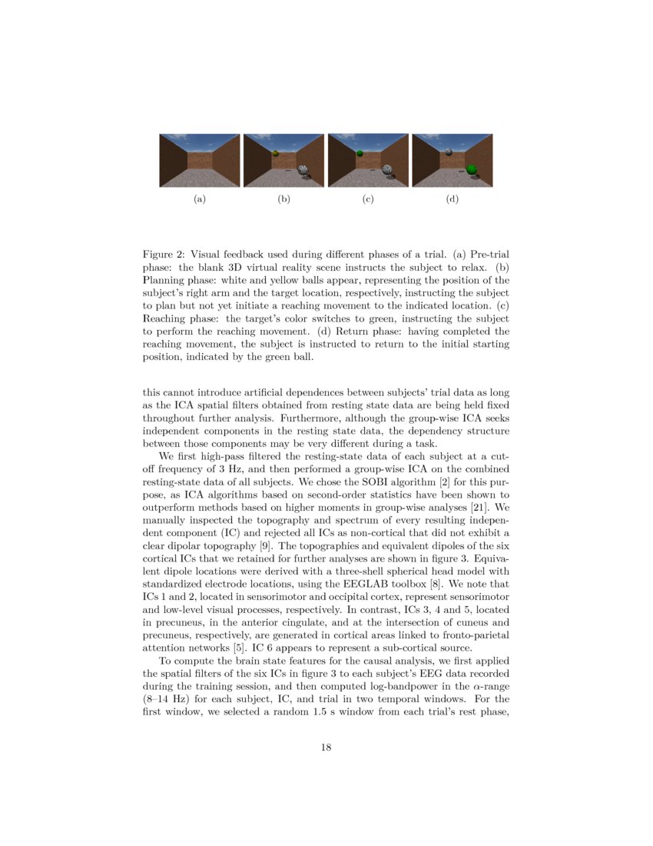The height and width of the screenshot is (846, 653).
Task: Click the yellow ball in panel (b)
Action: pyautogui.click(x=275, y=154)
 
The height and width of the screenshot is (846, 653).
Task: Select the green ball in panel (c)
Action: pyautogui.click(x=360, y=153)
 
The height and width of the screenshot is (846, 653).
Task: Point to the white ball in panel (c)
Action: pyautogui.click(x=388, y=170)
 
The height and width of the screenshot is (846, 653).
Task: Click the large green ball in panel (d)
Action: pyautogui.click(x=472, y=170)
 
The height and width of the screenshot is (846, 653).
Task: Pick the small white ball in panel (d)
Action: pyautogui.click(x=448, y=152)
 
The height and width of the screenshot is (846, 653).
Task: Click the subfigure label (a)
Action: pyautogui.click(x=199, y=199)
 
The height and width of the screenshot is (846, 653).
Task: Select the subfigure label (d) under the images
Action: pyautogui.click(x=452, y=199)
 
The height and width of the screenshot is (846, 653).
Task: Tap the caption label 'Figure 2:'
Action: pyautogui.click(x=164, y=254)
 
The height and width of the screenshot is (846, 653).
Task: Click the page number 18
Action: pyautogui.click(x=326, y=747)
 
